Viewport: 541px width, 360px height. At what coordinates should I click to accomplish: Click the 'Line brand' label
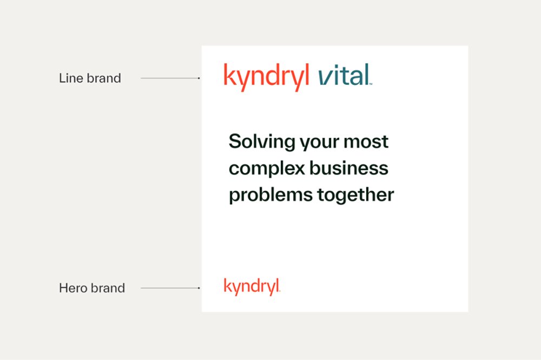point(90,78)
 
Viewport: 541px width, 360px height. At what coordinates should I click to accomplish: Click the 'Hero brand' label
point(91,288)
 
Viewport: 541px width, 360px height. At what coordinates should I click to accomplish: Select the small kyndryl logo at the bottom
point(252,286)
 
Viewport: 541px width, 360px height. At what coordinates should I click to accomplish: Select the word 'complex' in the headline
point(266,169)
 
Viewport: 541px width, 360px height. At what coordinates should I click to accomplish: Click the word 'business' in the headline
point(349,168)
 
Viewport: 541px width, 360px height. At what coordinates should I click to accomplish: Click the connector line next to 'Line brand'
point(169,78)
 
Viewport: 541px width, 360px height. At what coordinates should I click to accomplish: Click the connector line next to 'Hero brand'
point(169,288)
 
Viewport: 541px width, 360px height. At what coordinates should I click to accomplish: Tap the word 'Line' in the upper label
point(70,78)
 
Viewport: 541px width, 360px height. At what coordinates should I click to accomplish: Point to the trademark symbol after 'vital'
point(371,84)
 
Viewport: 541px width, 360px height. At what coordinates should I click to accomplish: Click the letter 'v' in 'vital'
point(324,77)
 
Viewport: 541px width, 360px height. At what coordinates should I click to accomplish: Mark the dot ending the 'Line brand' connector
point(199,78)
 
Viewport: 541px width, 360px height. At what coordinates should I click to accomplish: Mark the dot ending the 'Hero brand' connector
point(199,288)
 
